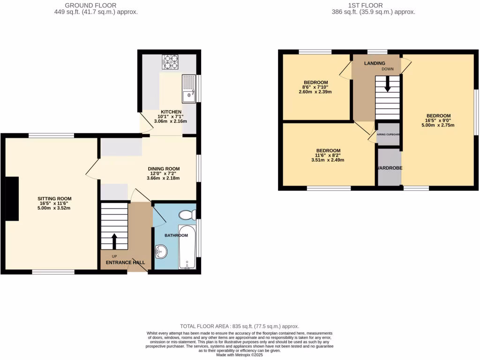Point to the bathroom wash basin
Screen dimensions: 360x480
(x=161, y=252)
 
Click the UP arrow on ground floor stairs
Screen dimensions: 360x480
(x=114, y=241)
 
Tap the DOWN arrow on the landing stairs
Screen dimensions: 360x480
(x=388, y=84)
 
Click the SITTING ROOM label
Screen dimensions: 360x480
(x=54, y=199)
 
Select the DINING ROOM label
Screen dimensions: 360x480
(x=164, y=169)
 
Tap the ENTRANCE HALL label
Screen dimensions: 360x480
(x=125, y=262)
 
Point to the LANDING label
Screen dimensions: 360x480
(x=375, y=63)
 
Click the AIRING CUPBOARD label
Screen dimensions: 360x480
(x=388, y=134)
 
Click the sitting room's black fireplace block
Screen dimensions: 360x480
(x=12, y=199)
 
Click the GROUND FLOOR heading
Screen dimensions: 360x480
(x=96, y=6)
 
